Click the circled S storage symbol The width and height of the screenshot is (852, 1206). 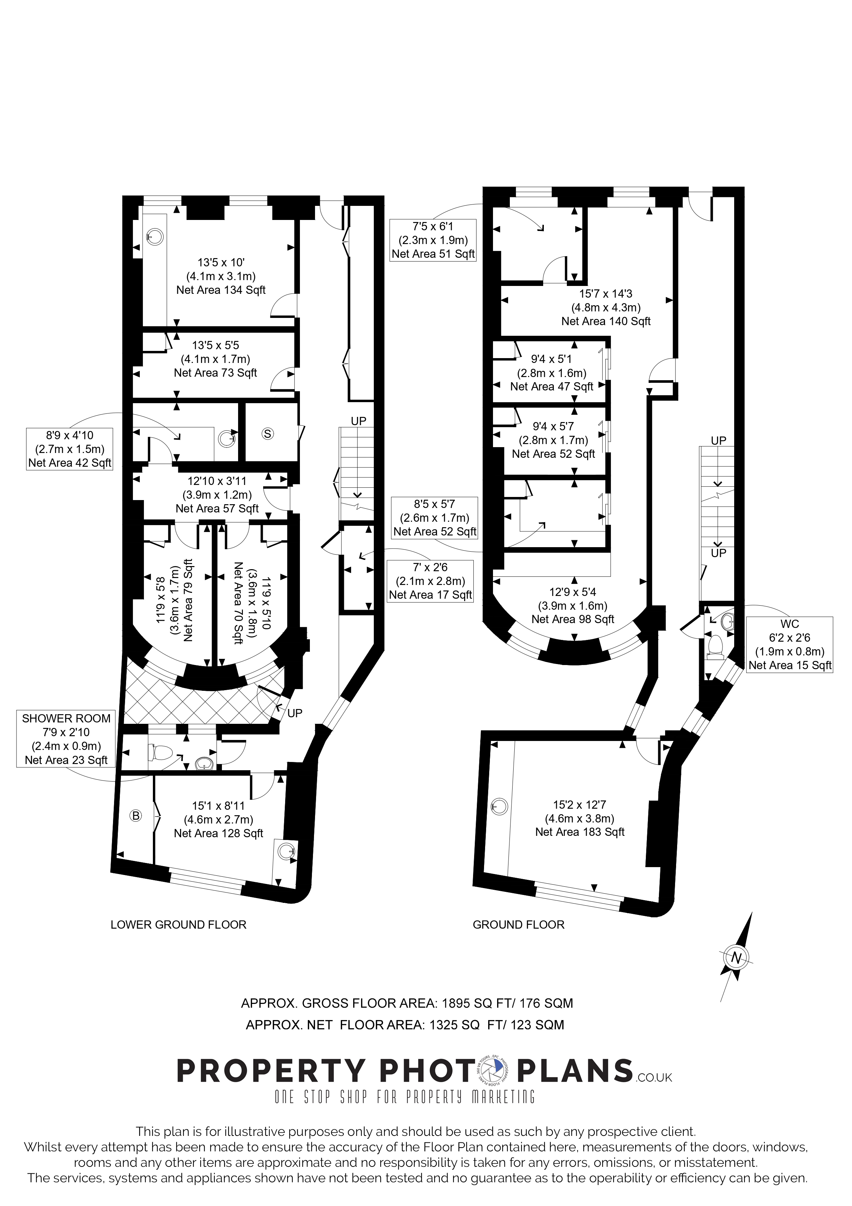(268, 434)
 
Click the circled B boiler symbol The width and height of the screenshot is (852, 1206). (135, 815)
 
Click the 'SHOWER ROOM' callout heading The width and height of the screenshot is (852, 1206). (66, 719)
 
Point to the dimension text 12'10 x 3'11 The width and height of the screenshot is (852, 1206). (217, 480)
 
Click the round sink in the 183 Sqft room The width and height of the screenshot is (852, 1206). (499, 806)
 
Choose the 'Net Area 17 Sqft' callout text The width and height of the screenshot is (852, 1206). (430, 595)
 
